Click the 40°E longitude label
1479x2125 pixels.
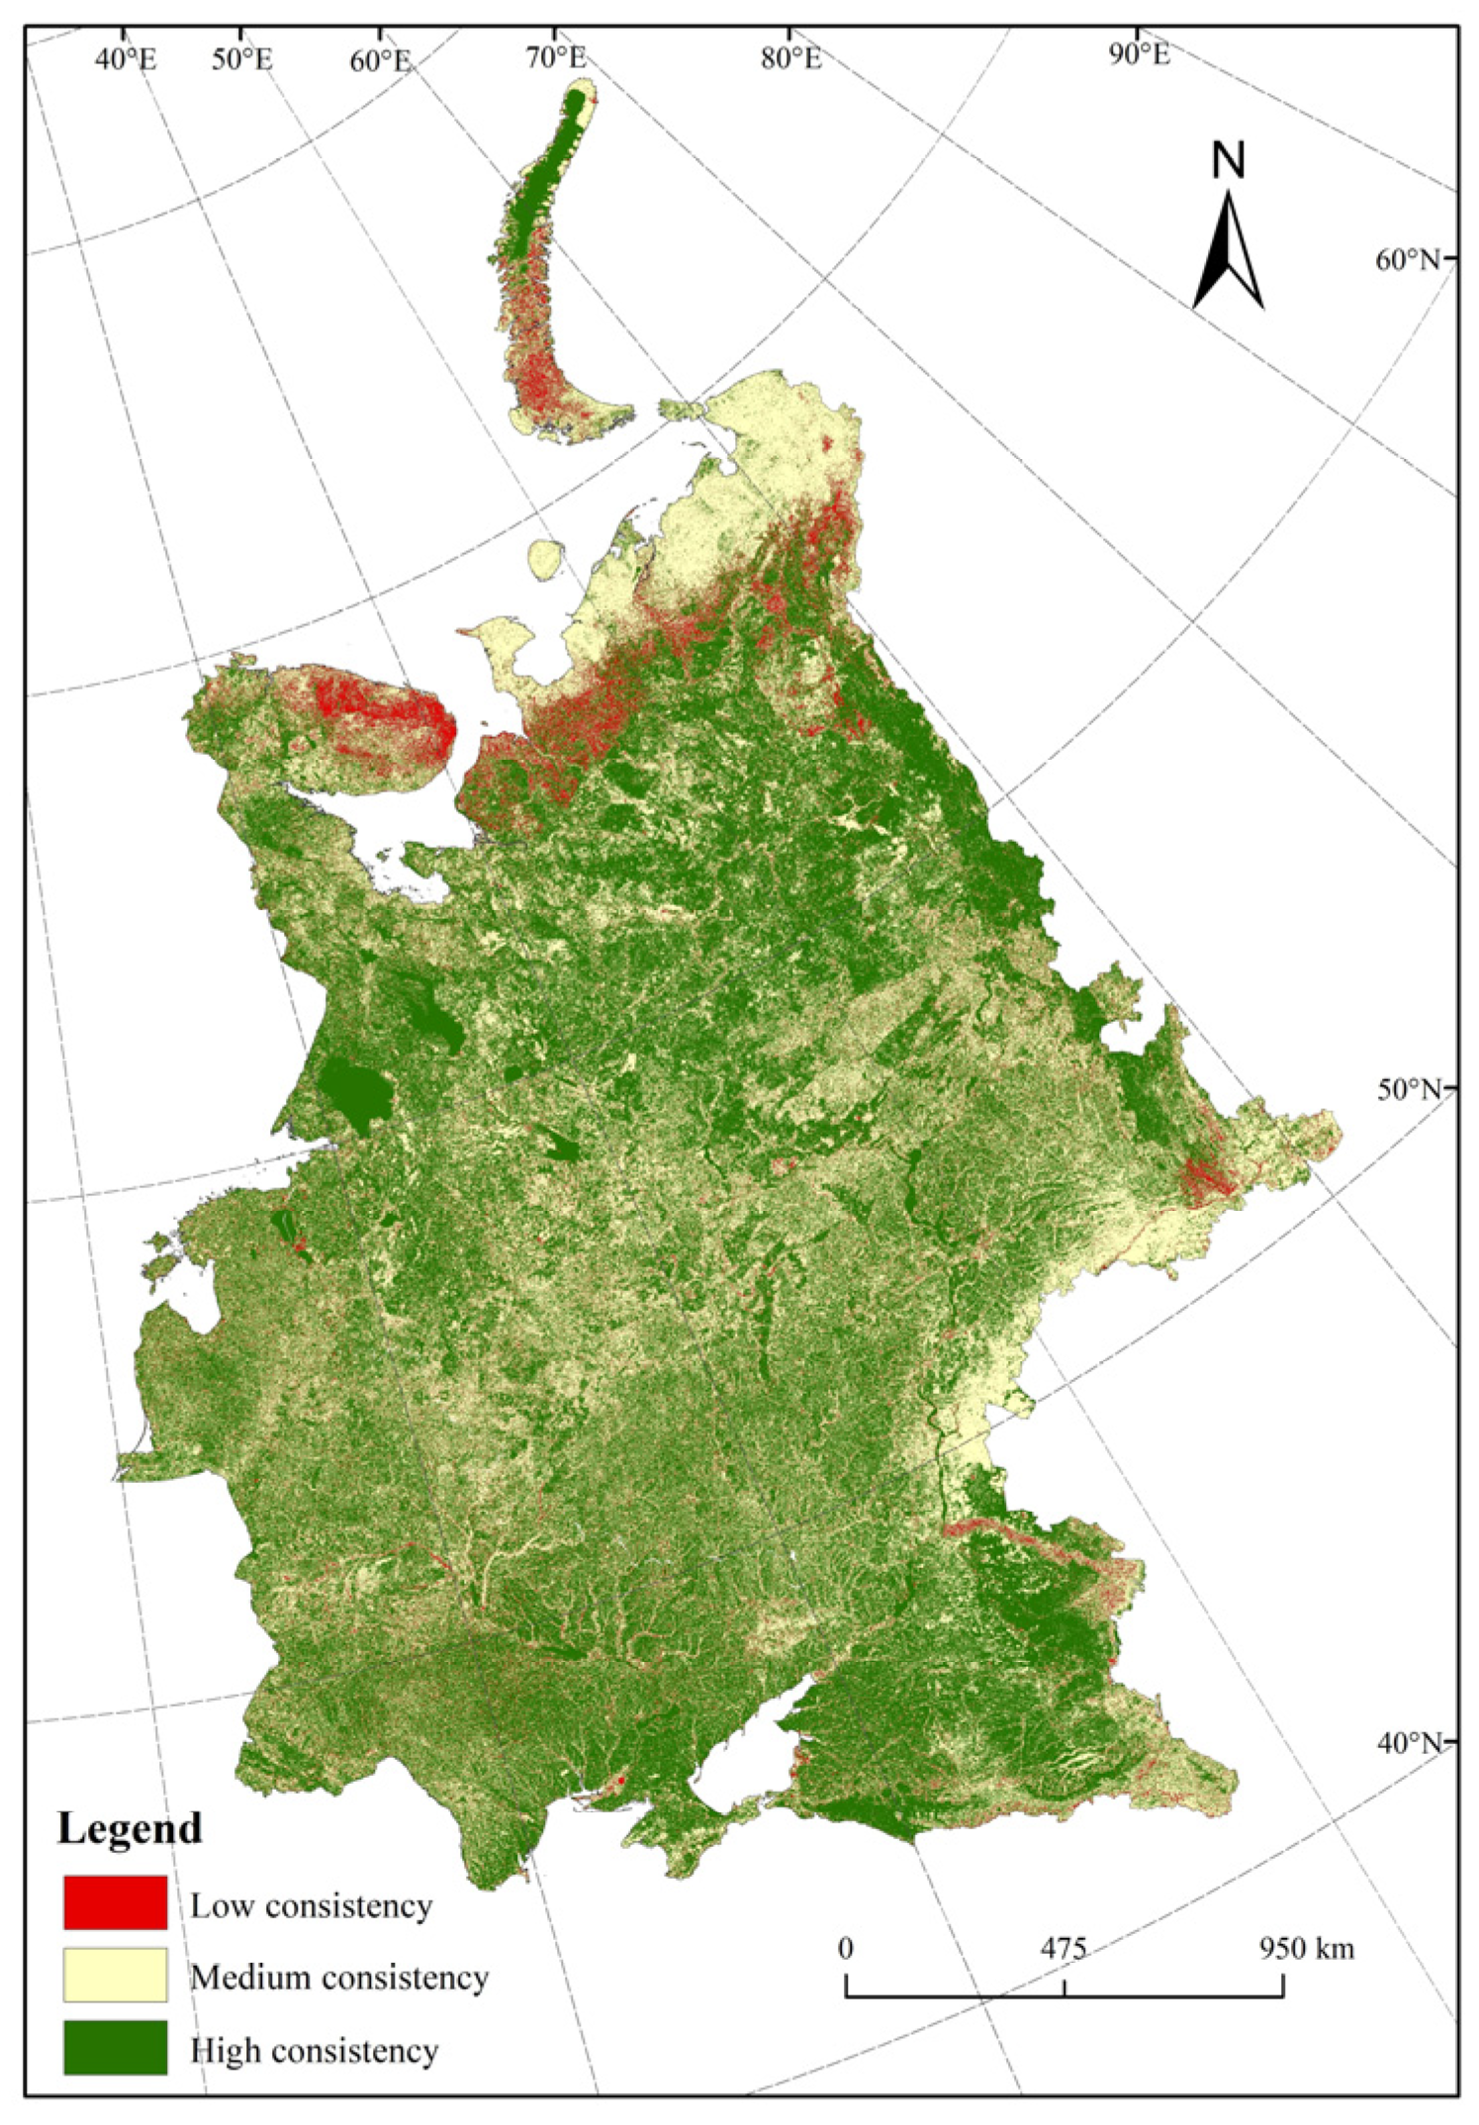[126, 59]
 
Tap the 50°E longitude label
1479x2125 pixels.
[241, 59]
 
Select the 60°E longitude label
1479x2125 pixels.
[379, 60]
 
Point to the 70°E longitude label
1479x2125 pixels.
[556, 57]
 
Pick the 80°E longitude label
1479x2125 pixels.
[791, 58]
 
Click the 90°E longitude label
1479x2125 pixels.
[1139, 54]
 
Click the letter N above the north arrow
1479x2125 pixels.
[1229, 160]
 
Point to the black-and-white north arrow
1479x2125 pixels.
[1229, 252]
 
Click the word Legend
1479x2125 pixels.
[130, 1828]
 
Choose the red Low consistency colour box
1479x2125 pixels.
[116, 1902]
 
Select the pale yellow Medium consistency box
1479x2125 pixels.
[116, 1975]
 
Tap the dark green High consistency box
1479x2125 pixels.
[116, 2047]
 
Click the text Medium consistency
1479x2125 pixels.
[339, 1978]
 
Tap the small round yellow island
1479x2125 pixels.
[544, 560]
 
